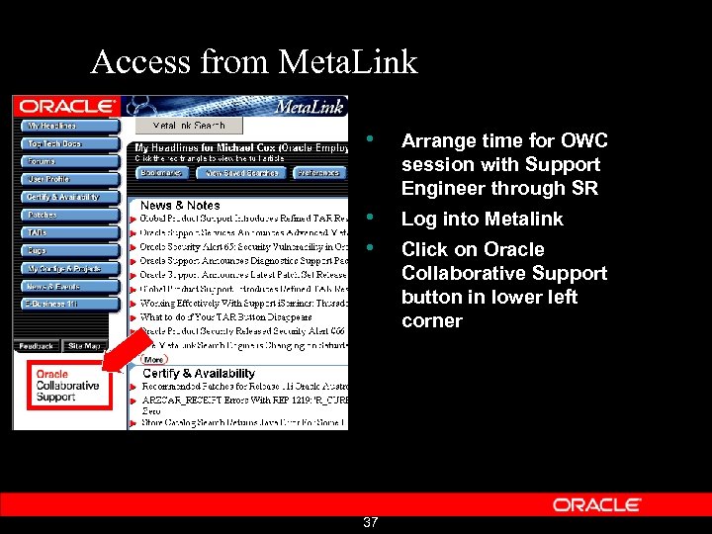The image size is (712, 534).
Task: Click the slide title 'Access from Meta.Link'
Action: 254,62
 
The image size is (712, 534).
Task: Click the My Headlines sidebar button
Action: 65,127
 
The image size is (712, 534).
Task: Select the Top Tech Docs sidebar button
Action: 65,144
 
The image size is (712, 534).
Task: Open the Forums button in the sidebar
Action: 65,161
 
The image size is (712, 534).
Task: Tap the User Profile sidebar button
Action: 65,179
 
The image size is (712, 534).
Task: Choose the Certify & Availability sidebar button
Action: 65,197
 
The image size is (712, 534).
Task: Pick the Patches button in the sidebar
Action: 65,215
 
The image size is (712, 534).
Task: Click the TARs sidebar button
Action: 65,232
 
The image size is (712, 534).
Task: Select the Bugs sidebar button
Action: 65,250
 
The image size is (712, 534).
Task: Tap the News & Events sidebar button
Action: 65,286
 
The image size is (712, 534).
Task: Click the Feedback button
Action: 37,346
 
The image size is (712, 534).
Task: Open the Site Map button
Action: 85,346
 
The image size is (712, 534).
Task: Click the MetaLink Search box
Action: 189,126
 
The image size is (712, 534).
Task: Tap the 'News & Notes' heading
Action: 180,205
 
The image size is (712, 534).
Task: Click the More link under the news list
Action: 153,360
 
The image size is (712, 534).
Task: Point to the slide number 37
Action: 370,522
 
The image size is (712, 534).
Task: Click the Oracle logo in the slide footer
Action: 597,504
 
